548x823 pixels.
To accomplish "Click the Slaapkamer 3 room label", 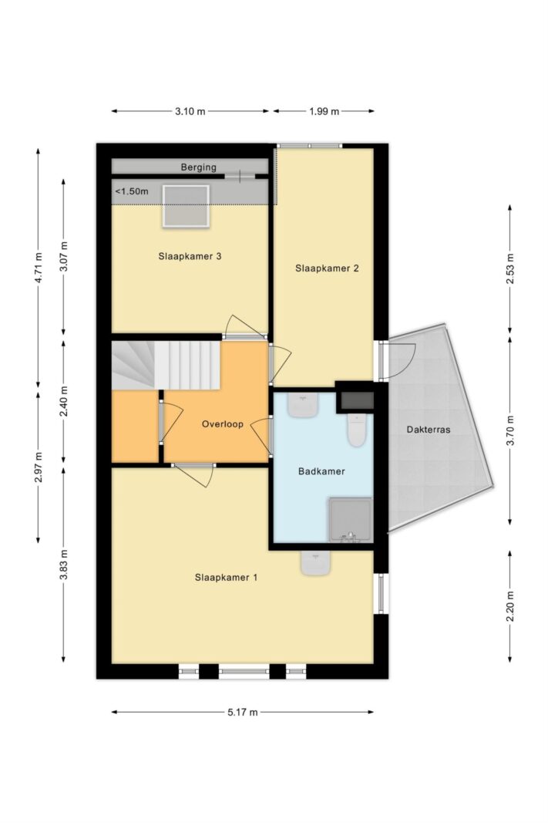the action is point(190,256).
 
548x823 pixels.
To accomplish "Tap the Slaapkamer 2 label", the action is point(327,268).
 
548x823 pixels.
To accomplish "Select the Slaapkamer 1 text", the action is point(226,578).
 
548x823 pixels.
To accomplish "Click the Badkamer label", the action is point(321,471).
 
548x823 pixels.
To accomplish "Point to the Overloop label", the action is point(222,424).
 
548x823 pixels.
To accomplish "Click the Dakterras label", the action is point(429,430).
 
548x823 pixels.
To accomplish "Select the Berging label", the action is point(198,167).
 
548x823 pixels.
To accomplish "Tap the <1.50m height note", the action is point(132,191).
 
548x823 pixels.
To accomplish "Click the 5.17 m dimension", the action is point(242,712).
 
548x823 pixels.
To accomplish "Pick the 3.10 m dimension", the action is point(190,111).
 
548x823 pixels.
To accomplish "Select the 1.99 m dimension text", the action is point(324,111).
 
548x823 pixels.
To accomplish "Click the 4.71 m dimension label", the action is point(39,268).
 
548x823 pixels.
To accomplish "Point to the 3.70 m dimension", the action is point(510,430).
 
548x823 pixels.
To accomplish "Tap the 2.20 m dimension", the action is point(510,605).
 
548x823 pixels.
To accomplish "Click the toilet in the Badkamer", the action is point(357,429).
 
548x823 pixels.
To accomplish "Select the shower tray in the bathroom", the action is point(350,520).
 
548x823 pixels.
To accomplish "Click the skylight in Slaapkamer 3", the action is point(186,206).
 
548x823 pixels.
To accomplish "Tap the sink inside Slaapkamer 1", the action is point(316,562).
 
